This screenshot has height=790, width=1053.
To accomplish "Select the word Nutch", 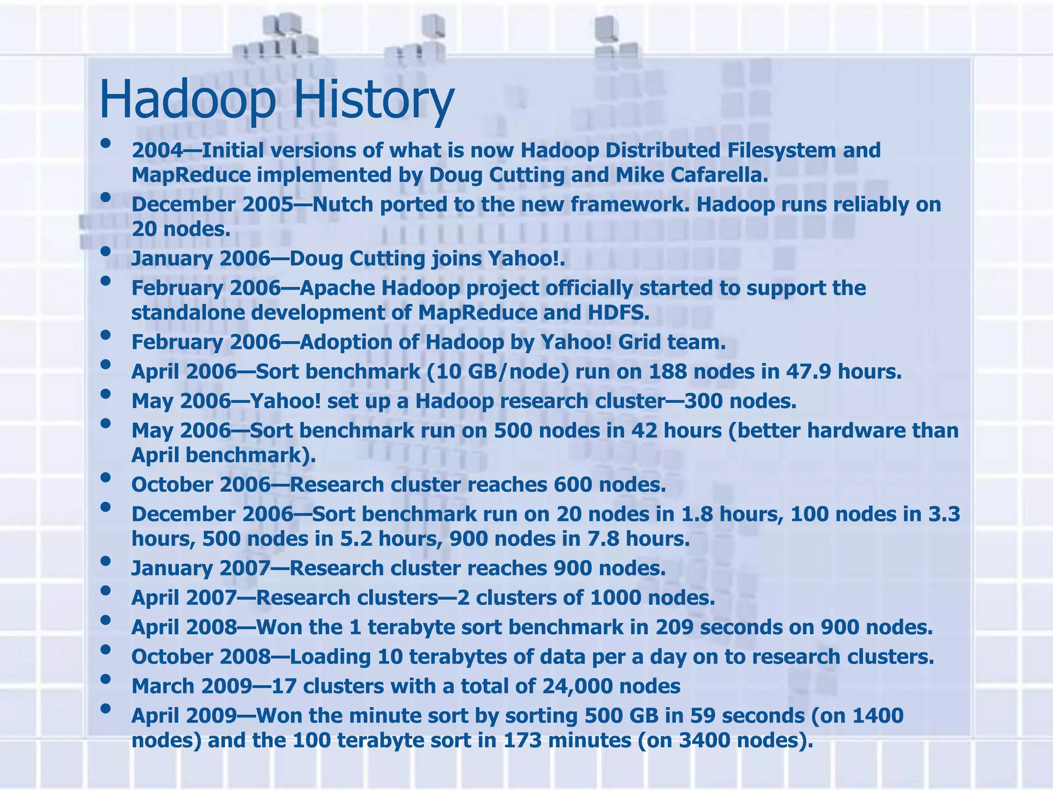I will point(342,205).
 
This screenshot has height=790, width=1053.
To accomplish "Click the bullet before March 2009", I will point(106,679).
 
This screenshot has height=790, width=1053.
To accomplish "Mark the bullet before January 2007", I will point(106,562).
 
